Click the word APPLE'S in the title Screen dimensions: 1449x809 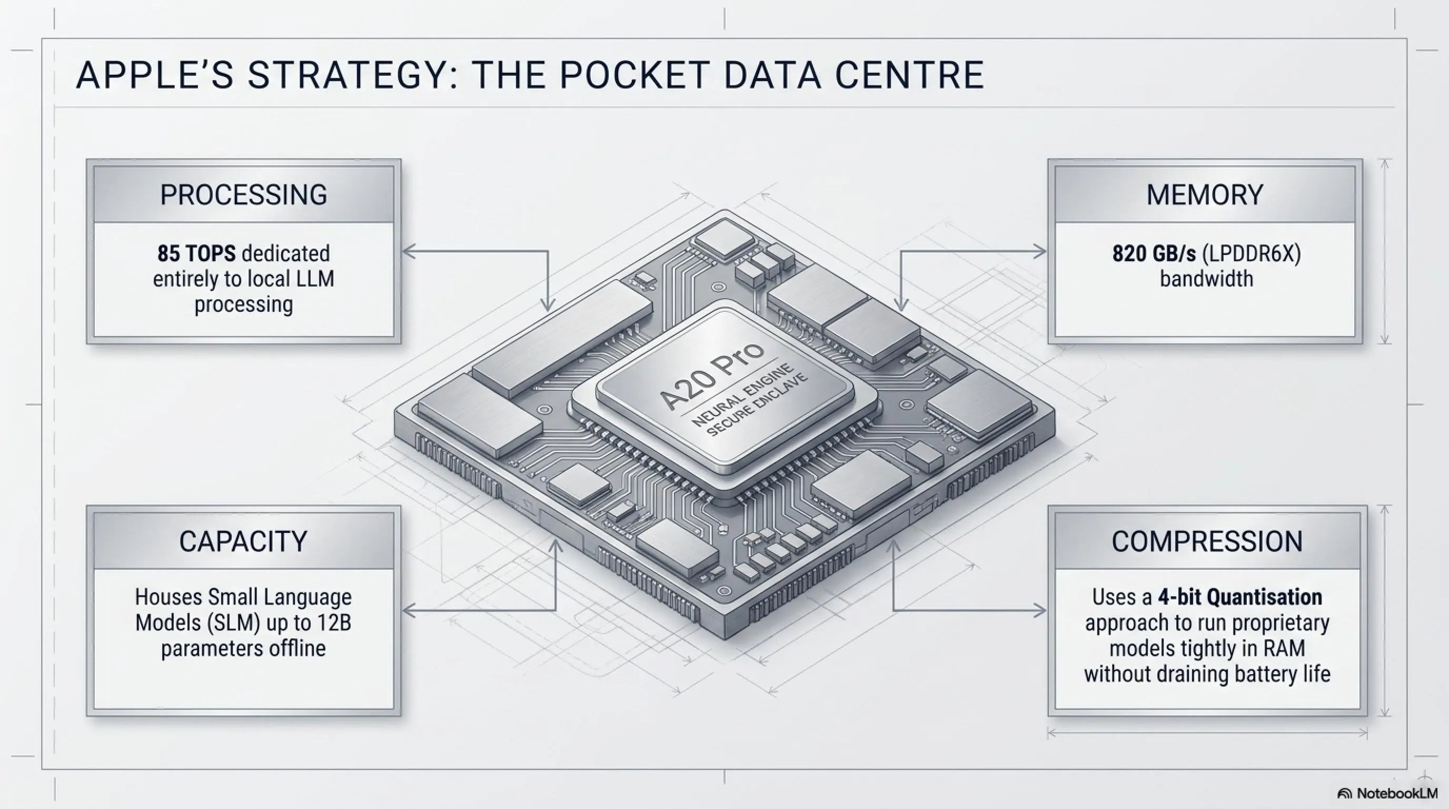click(155, 75)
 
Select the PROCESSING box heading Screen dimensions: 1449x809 click(244, 195)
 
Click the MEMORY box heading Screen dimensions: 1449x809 click(1205, 195)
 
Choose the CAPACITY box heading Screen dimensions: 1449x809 click(244, 541)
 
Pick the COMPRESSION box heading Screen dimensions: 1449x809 click(1207, 541)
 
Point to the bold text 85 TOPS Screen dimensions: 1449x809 click(196, 254)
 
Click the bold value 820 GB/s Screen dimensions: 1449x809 click(1154, 254)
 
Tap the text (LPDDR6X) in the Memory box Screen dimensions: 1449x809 click(1252, 254)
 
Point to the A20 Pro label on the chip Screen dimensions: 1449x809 click(712, 374)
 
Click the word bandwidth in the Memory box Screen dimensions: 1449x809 click(1207, 279)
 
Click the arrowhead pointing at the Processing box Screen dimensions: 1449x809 click(409, 251)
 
